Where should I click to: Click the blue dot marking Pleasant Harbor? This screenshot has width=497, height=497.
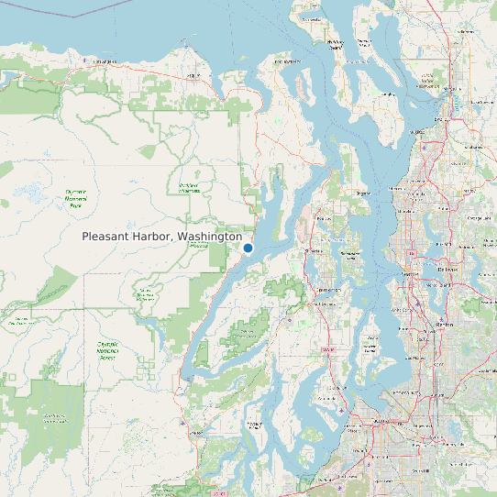pos(248,248)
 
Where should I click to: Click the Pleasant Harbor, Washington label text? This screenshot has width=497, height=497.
pos(161,237)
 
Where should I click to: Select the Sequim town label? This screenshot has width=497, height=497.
pos(193,74)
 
